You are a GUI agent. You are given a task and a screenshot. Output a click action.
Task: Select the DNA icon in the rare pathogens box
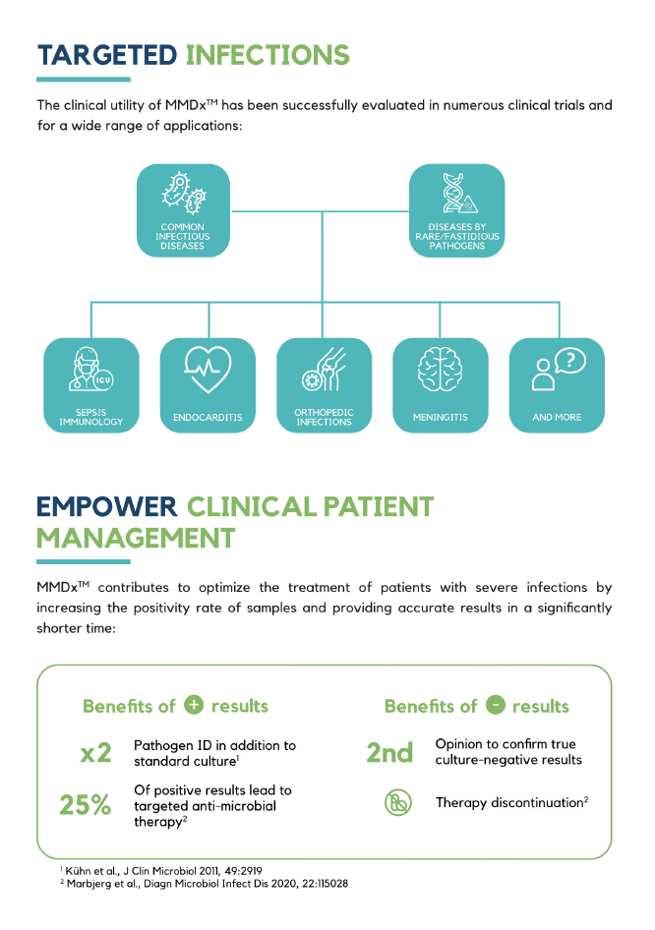click(455, 195)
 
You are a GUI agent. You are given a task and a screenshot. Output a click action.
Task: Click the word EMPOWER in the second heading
click(106, 507)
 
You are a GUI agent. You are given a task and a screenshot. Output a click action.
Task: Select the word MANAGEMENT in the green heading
click(136, 539)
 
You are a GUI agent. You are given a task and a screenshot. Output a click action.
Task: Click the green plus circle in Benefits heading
click(194, 706)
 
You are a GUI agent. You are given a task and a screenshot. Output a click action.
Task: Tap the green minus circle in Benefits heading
click(496, 706)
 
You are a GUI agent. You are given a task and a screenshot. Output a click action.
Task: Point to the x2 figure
click(95, 753)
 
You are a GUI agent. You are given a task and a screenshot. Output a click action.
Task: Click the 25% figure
click(86, 804)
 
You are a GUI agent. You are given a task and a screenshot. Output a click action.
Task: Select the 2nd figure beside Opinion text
click(389, 753)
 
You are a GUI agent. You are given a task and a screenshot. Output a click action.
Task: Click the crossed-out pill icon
click(397, 803)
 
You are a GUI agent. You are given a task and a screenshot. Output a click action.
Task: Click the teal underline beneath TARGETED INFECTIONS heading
click(84, 79)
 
